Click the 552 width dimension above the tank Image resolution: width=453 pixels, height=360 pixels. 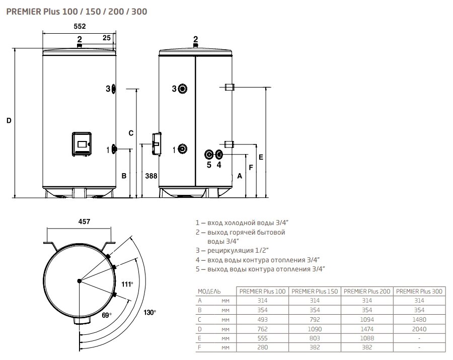[x=79, y=27]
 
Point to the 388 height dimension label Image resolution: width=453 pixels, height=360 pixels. [x=150, y=176]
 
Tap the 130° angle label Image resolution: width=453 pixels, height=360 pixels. [x=149, y=313]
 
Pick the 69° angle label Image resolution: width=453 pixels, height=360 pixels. [x=106, y=316]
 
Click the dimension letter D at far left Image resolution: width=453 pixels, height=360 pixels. [x=9, y=121]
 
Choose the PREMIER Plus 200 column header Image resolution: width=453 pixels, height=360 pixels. [x=367, y=291]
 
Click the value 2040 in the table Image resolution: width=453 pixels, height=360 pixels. [x=419, y=329]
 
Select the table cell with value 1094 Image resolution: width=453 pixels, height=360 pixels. [x=367, y=320]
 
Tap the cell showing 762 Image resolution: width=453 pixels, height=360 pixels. [x=262, y=329]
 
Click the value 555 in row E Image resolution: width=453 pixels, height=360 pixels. [x=262, y=338]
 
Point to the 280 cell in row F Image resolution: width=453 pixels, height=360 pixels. [x=262, y=348]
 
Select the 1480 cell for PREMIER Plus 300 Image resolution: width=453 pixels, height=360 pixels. [x=419, y=320]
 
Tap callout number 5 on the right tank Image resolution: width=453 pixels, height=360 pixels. [x=209, y=164]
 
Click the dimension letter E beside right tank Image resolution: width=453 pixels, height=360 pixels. [x=261, y=157]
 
